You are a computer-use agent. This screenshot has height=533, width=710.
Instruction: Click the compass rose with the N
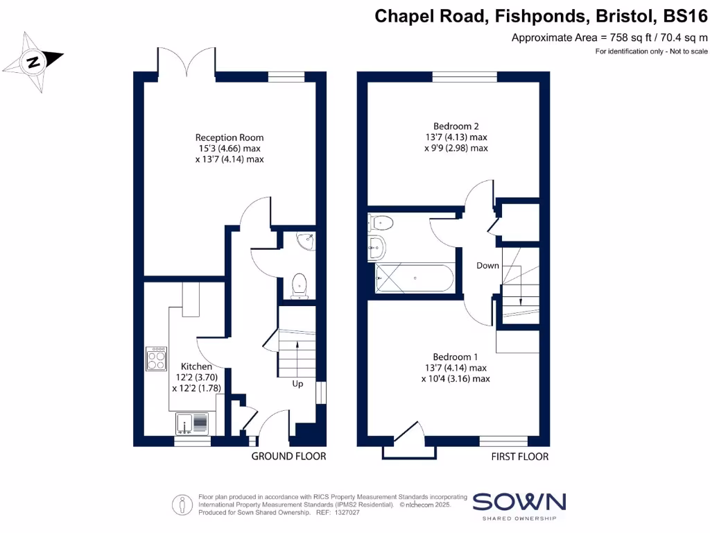tap(33, 62)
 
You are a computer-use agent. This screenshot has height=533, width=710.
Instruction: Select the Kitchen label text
tap(196, 366)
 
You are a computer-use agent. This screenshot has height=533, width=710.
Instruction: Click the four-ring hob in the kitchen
tap(156, 359)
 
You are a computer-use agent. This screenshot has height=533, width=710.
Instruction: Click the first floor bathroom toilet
tap(381, 223)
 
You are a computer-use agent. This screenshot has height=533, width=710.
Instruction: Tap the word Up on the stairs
tap(297, 382)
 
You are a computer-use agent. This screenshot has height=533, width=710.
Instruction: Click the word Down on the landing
tap(487, 266)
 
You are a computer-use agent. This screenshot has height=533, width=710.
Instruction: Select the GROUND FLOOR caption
tap(288, 456)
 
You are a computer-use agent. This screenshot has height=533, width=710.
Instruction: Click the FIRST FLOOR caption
tap(519, 456)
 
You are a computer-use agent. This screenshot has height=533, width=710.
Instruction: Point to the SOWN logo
tap(519, 502)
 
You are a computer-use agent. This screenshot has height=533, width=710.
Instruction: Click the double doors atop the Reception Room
tap(187, 61)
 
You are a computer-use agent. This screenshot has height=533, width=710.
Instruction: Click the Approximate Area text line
tap(609, 38)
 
